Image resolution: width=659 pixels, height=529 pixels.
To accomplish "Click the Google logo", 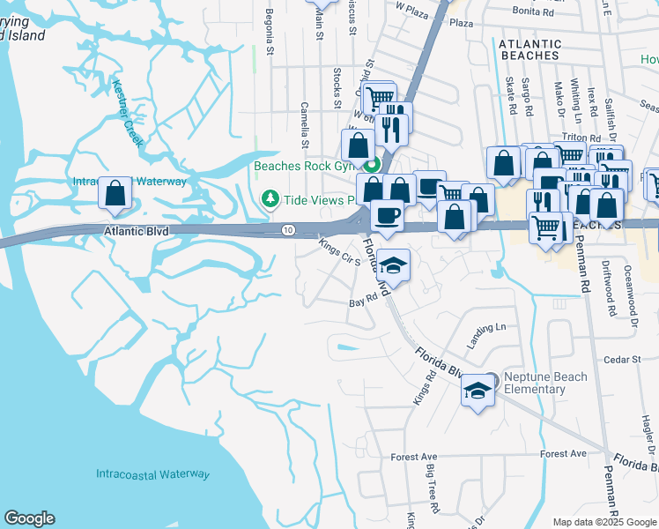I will click(x=29, y=518).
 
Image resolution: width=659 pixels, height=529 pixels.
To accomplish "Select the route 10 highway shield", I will click(x=288, y=230).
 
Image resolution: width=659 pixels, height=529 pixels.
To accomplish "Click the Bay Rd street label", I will click(x=363, y=302).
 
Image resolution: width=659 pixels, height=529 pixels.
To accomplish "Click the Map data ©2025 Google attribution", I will click(x=604, y=522).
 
